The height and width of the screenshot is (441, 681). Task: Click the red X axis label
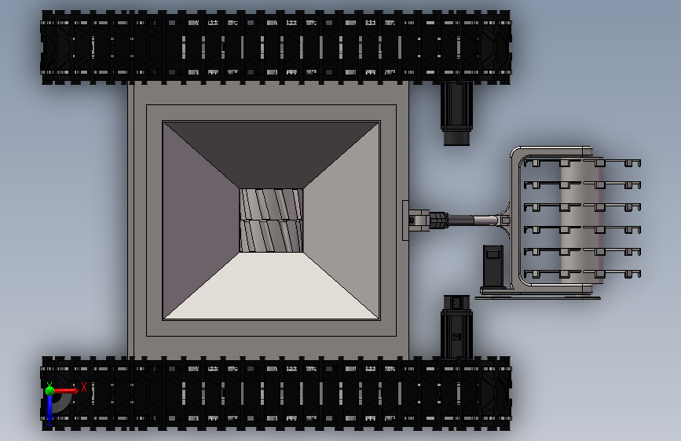tap(84, 387)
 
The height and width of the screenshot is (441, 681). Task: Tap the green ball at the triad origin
tap(50, 391)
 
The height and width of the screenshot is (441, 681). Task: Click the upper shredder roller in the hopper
tap(272, 204)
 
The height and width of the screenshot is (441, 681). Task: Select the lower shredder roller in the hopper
tap(272, 236)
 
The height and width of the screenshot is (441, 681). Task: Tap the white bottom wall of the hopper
tap(272, 286)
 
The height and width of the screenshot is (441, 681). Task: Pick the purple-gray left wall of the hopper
tap(201, 220)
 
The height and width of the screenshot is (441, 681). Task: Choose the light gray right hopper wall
tap(342, 220)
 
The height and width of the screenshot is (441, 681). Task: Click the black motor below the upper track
tap(456, 114)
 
